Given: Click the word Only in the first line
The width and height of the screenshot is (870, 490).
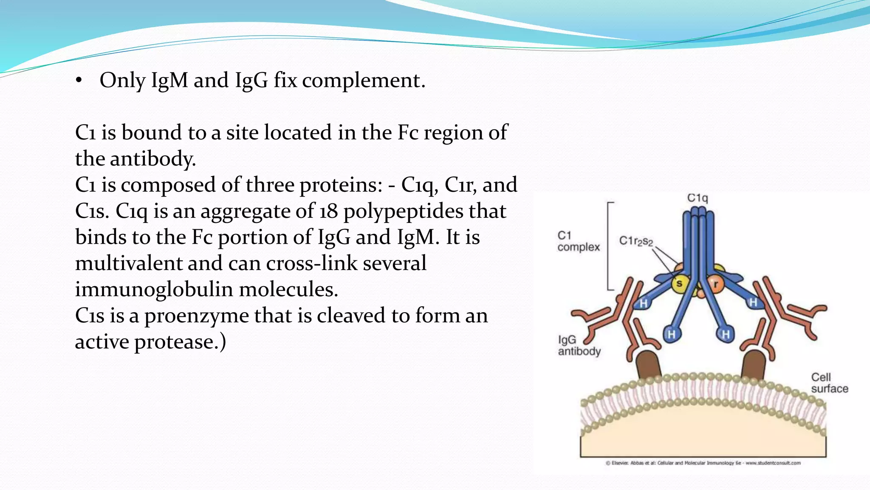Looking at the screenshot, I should [122, 80].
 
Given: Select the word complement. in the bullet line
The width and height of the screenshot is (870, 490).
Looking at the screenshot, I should [364, 80].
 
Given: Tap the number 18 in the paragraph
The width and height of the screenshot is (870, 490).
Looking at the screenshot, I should [328, 211].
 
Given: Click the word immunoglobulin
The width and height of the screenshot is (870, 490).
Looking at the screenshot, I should [154, 290].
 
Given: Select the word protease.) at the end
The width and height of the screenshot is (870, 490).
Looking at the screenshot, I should [180, 342].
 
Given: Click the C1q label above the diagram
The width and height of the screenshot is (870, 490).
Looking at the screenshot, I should [698, 198].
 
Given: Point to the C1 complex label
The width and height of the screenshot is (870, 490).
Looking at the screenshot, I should [578, 241].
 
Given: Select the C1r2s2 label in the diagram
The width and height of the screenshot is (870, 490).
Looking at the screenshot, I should [636, 241].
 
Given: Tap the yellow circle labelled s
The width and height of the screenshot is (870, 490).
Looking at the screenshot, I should [679, 283].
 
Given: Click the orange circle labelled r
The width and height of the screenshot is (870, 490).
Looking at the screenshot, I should [715, 284].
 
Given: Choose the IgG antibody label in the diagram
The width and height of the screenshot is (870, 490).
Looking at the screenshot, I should [579, 345].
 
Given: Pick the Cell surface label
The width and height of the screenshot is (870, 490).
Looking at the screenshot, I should [829, 383].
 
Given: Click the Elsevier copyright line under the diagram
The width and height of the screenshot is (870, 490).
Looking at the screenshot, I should [703, 463].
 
